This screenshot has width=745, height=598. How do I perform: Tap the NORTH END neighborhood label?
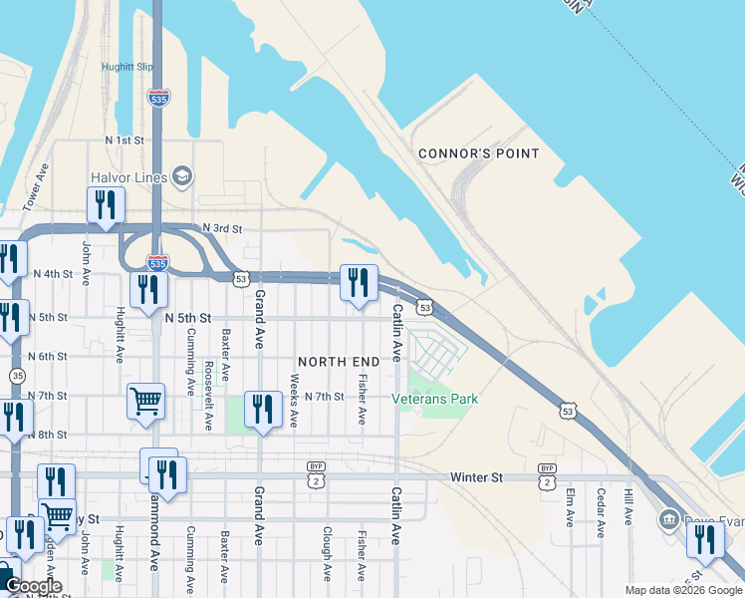tap(339, 360)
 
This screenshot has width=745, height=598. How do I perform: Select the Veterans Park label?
tap(434, 399)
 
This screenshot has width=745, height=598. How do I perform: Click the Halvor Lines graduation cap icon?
tap(181, 177)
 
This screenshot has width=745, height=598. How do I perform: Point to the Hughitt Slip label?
tap(126, 68)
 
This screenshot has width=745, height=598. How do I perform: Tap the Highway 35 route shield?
tap(19, 376)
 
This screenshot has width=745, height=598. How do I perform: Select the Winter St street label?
tap(476, 477)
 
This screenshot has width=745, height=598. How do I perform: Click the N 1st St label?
tap(124, 141)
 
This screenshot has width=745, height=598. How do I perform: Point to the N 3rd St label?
tap(222, 228)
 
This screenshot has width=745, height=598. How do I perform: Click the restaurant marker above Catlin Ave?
tap(359, 282)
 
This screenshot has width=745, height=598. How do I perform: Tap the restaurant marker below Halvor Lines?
tap(106, 205)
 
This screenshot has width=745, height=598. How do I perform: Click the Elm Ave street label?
tap(570, 506)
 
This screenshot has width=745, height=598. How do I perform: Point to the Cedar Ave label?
tap(600, 512)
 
